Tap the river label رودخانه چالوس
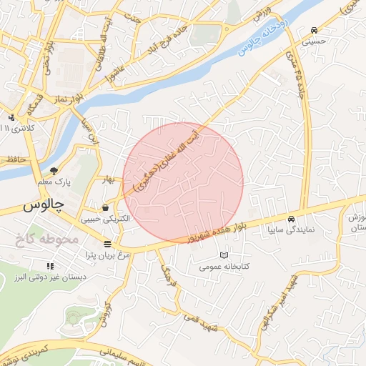(x=265, y=32)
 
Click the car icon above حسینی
(x=315, y=30)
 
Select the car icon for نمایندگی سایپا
(x=291, y=219)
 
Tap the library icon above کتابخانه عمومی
(x=224, y=255)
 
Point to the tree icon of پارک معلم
(x=54, y=170)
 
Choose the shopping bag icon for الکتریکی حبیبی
(x=106, y=207)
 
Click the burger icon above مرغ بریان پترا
(x=107, y=244)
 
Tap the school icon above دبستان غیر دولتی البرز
(x=50, y=266)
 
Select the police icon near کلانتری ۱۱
(x=10, y=118)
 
